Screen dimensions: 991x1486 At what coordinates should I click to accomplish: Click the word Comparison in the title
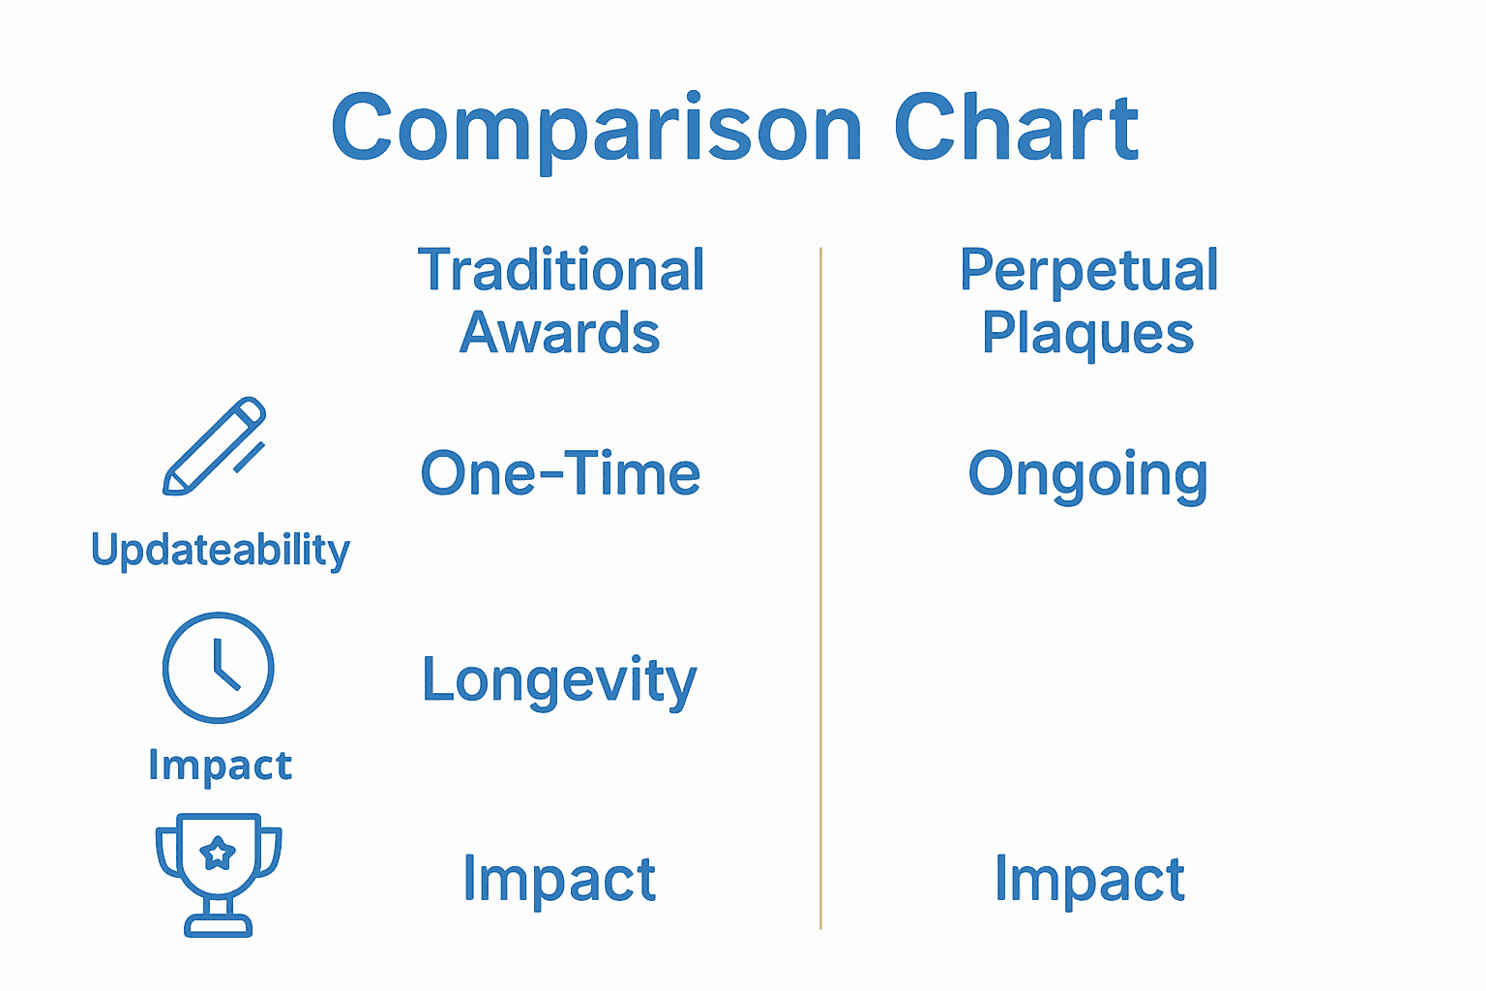tap(596, 129)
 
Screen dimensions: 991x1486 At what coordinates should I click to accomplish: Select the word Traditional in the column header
tap(561, 270)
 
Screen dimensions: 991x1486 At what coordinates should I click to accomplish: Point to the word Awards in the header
tap(559, 333)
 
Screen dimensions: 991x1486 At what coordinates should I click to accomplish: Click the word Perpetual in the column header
tap(1088, 270)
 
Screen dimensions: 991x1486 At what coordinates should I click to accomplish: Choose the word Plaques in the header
tap(1087, 334)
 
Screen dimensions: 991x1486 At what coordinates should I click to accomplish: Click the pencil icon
tap(214, 446)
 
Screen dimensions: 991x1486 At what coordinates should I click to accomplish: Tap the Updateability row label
tap(221, 550)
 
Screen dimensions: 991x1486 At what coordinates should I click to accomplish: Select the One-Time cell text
tap(560, 474)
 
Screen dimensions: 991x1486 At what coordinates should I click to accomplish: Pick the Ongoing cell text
tap(1087, 475)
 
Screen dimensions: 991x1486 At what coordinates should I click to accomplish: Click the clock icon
tap(218, 667)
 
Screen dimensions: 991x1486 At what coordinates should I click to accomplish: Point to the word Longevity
tap(559, 680)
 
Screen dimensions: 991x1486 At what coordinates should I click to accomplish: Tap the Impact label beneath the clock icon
tap(220, 766)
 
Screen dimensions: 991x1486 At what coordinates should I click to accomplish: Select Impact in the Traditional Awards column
tap(559, 879)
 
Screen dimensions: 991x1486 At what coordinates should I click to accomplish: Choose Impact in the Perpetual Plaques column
tap(1089, 879)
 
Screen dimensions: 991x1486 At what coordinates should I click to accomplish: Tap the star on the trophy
tap(218, 854)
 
